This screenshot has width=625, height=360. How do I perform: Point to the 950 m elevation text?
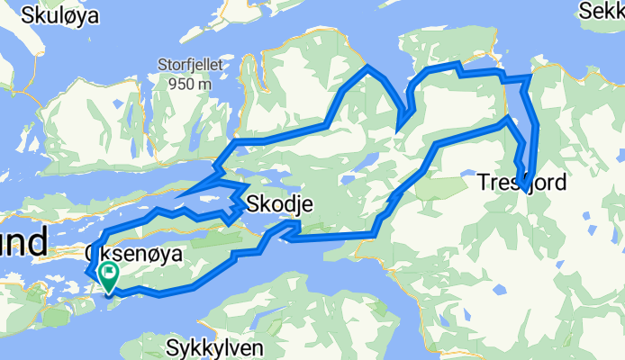pos(188,84)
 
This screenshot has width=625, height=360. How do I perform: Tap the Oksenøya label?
pos(134,255)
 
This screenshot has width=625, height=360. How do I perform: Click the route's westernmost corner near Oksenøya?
pos(87,272)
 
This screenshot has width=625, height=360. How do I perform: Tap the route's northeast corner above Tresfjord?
pos(529,78)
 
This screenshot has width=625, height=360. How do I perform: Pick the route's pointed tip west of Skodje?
pos(177,198)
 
